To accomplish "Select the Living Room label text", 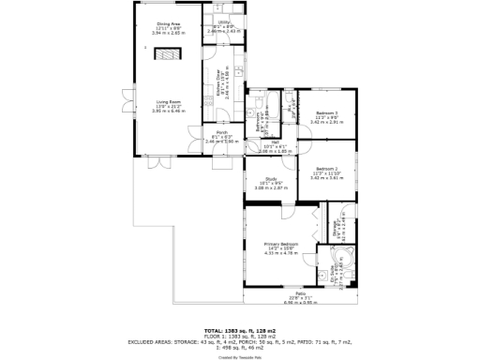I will [169, 103].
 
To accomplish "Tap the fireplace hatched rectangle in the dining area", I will [169, 56].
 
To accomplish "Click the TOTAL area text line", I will [240, 332].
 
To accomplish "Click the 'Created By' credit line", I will [240, 357].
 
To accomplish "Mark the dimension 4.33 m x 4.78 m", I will [281, 252].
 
